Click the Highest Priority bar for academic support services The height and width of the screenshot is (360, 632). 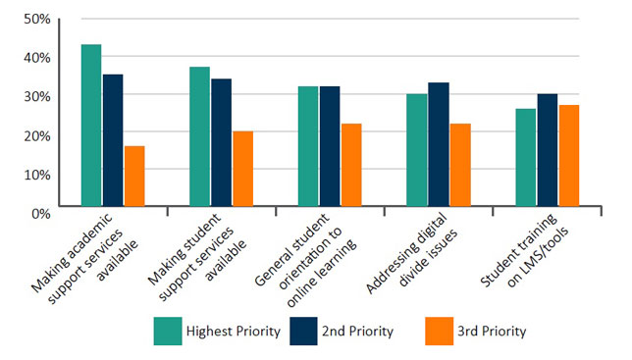91,128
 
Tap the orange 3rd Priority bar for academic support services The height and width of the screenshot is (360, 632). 134,178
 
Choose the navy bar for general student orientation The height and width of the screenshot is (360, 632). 329,148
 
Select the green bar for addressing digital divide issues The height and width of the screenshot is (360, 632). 415,152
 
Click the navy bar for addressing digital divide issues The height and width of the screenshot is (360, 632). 437,146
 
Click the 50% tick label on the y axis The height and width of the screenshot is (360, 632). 36,19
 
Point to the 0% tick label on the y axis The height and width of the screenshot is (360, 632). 40,211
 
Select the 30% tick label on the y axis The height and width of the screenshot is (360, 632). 36,96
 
